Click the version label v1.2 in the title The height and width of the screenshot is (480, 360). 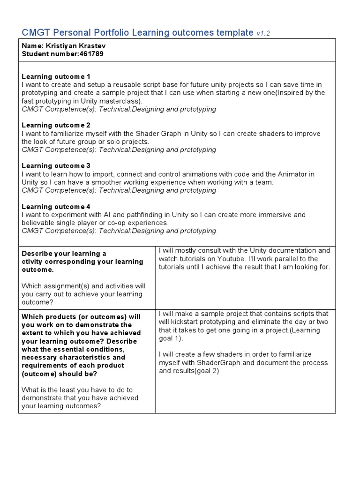263,33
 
